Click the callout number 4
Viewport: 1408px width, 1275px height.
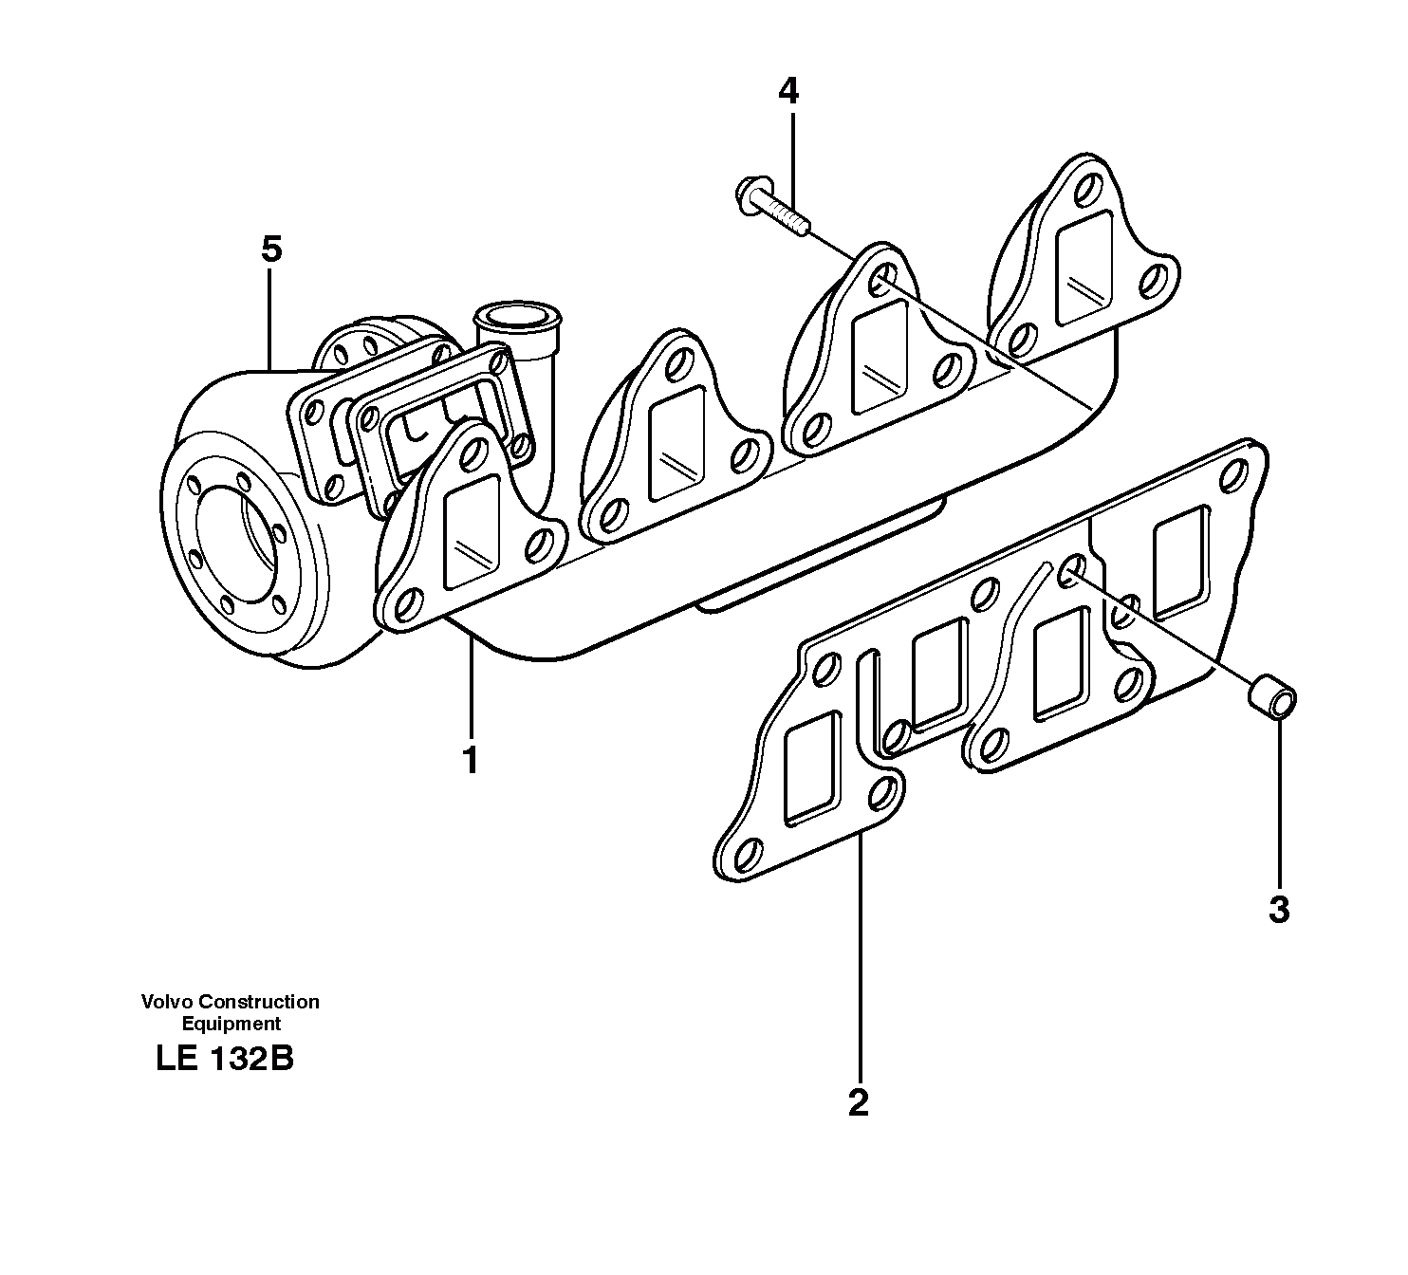tap(787, 92)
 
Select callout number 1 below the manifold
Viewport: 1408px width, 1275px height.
tap(470, 761)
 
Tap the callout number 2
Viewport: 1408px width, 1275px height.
tap(858, 1102)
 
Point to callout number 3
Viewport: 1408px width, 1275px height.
tap(1279, 910)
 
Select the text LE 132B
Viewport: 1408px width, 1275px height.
tap(225, 1059)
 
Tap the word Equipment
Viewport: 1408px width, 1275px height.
tap(231, 1024)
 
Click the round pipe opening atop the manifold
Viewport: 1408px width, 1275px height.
tap(517, 315)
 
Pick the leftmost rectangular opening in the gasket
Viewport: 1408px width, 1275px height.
tap(811, 767)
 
